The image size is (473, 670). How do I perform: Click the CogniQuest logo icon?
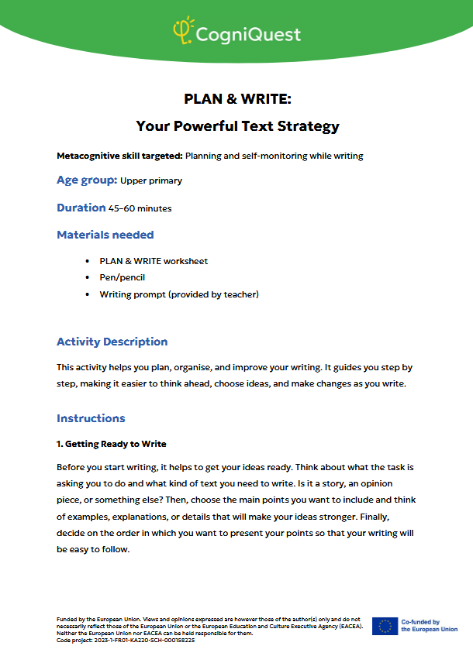coord(184,31)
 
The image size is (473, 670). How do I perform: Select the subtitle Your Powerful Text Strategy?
coord(237,125)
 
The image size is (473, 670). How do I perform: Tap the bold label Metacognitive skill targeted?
coord(119,156)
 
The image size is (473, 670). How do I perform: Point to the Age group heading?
coord(87,180)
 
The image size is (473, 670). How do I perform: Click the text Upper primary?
coord(151,181)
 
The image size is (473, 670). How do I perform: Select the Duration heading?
coord(81,208)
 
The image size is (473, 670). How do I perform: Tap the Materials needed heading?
coord(105,235)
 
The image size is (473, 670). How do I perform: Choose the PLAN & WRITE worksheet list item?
coord(154,261)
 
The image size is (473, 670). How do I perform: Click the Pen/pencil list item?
coord(123,277)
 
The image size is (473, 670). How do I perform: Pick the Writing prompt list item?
coord(179,294)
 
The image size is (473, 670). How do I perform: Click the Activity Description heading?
coord(112,342)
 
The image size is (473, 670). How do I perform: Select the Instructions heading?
coord(91,418)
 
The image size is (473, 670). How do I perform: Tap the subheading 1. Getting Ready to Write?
coord(112,444)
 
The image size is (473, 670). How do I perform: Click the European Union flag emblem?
coord(385,626)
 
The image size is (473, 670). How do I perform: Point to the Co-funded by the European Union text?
coord(429,626)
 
